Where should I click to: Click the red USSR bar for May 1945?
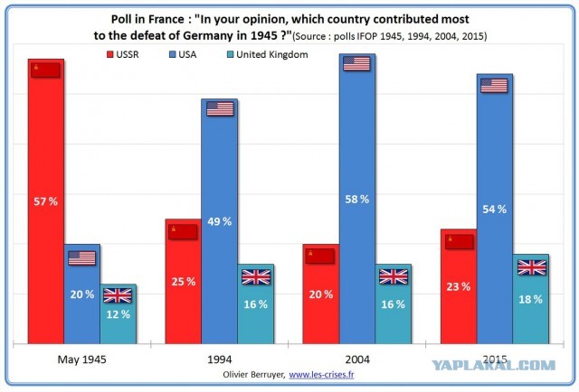pyautogui.click(x=46, y=201)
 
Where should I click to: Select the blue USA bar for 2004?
pyautogui.click(x=357, y=199)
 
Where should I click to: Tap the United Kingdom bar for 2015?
pyautogui.click(x=530, y=299)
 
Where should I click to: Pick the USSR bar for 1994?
pyautogui.click(x=183, y=282)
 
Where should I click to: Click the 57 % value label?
pyautogui.click(x=46, y=201)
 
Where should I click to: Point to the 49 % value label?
pyautogui.click(x=220, y=221)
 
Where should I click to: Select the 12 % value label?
pyautogui.click(x=119, y=314)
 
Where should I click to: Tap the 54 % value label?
pyautogui.click(x=495, y=209)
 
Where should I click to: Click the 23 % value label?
pyautogui.click(x=459, y=286)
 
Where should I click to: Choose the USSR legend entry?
pyautogui.click(x=123, y=54)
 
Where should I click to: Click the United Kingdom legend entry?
pyautogui.click(x=268, y=54)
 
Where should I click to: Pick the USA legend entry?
pyautogui.click(x=183, y=54)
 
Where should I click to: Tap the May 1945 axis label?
pyautogui.click(x=82, y=359)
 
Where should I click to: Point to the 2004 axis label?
pyautogui.click(x=357, y=359)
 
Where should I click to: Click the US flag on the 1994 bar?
pyautogui.click(x=220, y=108)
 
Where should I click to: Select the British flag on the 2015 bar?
pyautogui.click(x=532, y=267)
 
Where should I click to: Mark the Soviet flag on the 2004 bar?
pyautogui.click(x=320, y=256)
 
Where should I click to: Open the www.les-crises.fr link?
pyautogui.click(x=321, y=375)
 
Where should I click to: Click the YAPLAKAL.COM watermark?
pyautogui.click(x=494, y=365)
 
